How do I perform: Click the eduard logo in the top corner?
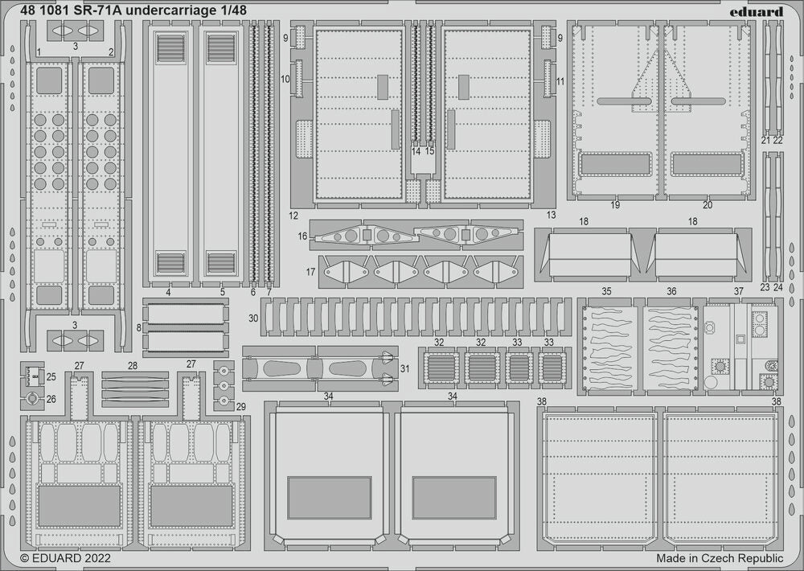pyautogui.click(x=758, y=11)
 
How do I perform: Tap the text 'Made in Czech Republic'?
pyautogui.click(x=720, y=557)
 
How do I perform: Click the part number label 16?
pyautogui.click(x=302, y=236)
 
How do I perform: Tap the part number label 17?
pyautogui.click(x=310, y=272)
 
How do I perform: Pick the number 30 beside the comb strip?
pyautogui.click(x=253, y=318)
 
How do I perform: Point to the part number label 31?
pyautogui.click(x=404, y=368)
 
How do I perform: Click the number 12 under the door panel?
pyautogui.click(x=293, y=216)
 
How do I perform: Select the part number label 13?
pyautogui.click(x=551, y=216)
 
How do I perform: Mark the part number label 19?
pyautogui.click(x=615, y=205)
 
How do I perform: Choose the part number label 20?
pyautogui.click(x=708, y=205)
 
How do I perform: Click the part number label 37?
pyautogui.click(x=738, y=290)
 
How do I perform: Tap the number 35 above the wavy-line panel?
pyautogui.click(x=607, y=290)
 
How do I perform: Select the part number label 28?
pyautogui.click(x=133, y=365)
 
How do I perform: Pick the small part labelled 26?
pyautogui.click(x=31, y=398)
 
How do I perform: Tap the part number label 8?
pyautogui.click(x=138, y=327)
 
